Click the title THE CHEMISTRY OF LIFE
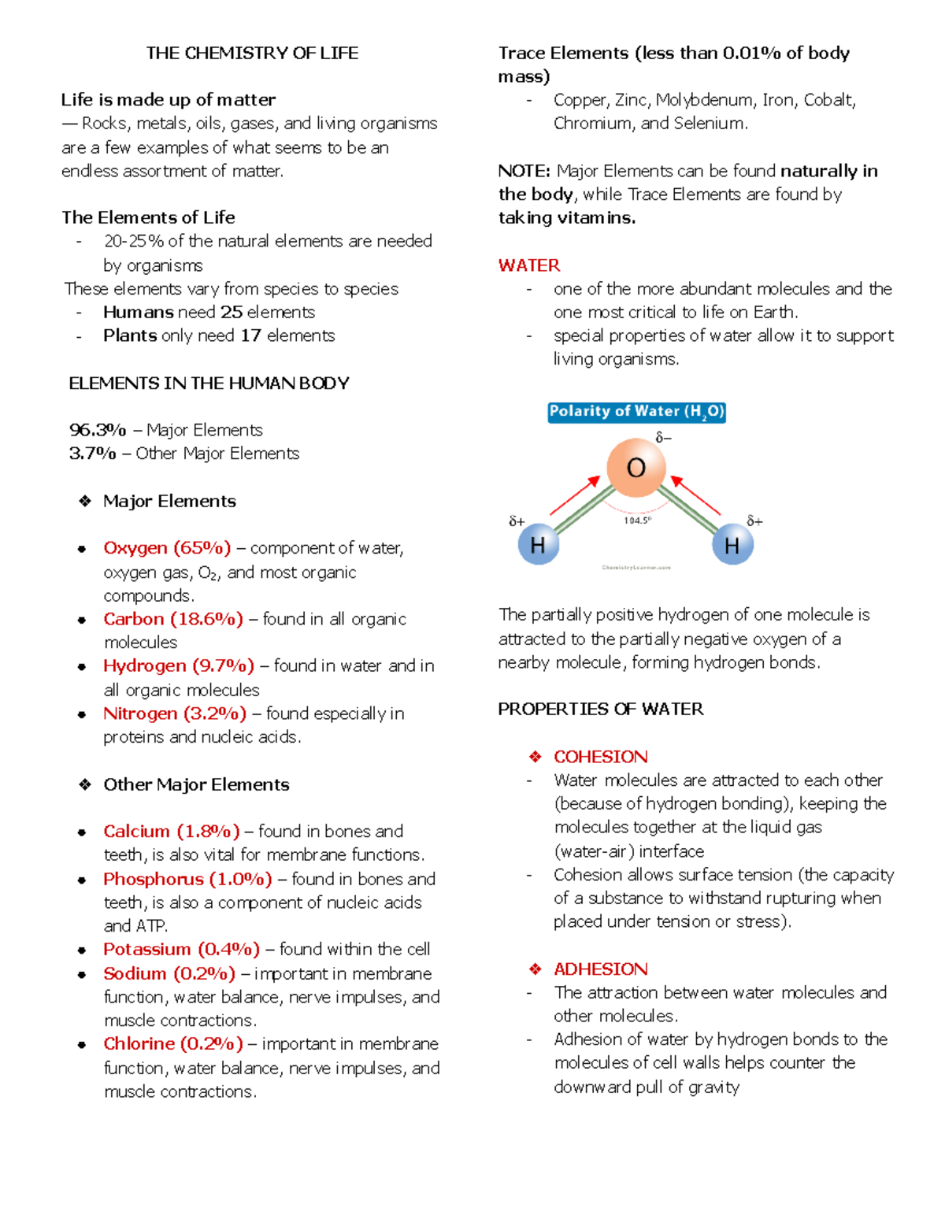click(252, 53)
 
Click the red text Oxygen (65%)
click(167, 548)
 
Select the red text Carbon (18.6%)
click(173, 619)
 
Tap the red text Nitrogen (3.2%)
click(175, 713)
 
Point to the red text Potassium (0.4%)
click(181, 949)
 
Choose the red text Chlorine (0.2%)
click(173, 1043)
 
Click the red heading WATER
click(529, 265)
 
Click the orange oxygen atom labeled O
click(636, 468)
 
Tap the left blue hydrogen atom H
click(538, 545)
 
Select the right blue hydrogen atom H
click(732, 545)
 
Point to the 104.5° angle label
click(637, 521)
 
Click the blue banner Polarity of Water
click(636, 412)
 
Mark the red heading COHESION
click(600, 757)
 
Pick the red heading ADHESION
click(600, 969)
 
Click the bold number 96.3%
click(98, 430)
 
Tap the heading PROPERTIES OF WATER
click(600, 709)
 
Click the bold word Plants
click(130, 335)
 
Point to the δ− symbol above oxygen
click(663, 438)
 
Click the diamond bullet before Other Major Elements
click(85, 784)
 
